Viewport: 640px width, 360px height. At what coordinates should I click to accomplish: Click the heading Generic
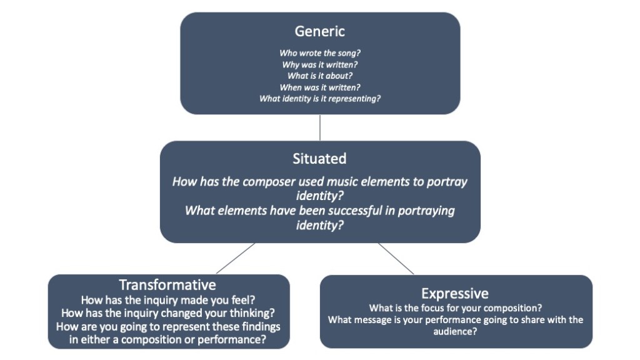[319, 31]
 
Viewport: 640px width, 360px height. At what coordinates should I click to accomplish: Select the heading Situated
[319, 159]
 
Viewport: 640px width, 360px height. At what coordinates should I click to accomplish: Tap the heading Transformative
[167, 285]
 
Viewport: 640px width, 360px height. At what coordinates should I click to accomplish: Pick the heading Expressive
[455, 293]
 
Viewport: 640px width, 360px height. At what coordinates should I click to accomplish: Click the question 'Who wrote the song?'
[319, 53]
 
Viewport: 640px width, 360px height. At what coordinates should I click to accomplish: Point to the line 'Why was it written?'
[319, 64]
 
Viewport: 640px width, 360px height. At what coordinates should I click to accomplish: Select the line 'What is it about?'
[319, 76]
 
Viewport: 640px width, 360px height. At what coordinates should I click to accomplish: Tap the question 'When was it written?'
[319, 87]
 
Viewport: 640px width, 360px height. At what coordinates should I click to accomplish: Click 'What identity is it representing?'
[319, 99]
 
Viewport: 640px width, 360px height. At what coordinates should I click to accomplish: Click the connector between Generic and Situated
[319, 127]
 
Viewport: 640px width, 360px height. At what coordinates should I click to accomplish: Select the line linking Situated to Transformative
[236, 258]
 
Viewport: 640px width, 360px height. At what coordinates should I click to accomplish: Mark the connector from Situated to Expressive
[396, 258]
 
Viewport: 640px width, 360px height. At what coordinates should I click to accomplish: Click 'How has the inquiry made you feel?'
[167, 299]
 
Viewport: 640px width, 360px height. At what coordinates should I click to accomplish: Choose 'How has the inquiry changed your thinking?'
[167, 312]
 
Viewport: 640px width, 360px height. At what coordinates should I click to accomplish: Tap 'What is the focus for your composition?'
[455, 307]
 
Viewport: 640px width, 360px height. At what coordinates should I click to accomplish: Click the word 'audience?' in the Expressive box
[455, 332]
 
